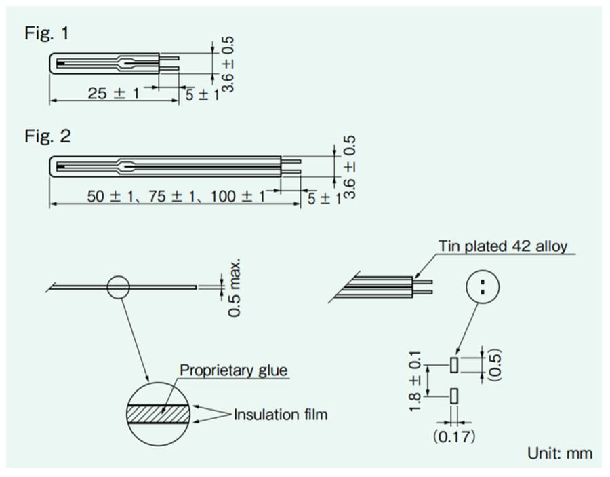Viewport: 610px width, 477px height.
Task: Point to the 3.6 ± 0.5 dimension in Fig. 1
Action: pos(228,64)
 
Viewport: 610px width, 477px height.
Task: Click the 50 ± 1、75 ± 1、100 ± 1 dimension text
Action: pos(176,197)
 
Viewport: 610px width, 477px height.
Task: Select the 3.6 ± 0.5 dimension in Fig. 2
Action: pos(350,167)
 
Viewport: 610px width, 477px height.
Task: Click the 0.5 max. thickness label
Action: pos(235,287)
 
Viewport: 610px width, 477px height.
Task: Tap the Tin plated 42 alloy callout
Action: pos(502,246)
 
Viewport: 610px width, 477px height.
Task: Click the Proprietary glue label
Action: pos(233,370)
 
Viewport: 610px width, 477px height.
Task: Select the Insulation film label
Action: pos(280,414)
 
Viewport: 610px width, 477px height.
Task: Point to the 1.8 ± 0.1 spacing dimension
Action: pos(415,380)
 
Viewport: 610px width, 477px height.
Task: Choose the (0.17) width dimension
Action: pos(454,436)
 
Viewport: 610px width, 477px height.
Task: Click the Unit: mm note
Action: pos(559,453)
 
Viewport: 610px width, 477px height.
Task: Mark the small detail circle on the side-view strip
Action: pos(118,286)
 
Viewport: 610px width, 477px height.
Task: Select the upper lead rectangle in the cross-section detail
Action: pos(453,364)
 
